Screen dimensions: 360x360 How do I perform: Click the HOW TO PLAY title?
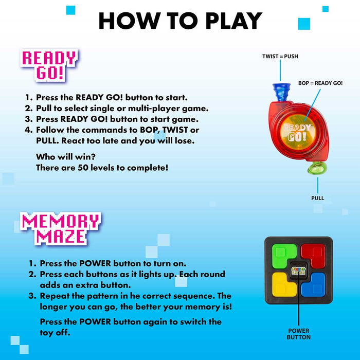[x=180, y=21]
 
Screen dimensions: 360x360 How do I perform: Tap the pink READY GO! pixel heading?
[x=49, y=65]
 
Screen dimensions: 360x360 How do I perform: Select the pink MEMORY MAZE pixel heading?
[x=61, y=229]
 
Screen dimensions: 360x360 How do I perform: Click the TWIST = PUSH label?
[x=280, y=56]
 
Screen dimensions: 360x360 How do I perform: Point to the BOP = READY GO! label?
[x=320, y=83]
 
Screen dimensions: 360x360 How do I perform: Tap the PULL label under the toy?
[x=317, y=198]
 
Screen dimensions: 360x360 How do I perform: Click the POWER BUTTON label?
[x=298, y=334]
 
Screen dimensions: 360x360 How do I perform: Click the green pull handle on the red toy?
[x=317, y=168]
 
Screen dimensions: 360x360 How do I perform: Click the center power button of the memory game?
[x=298, y=271]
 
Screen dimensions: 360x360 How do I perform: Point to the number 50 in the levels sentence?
[x=83, y=168]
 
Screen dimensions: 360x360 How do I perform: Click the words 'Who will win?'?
[x=66, y=157]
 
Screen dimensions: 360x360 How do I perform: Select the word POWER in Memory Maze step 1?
[x=95, y=263]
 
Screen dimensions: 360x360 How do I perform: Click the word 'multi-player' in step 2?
[x=154, y=109]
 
